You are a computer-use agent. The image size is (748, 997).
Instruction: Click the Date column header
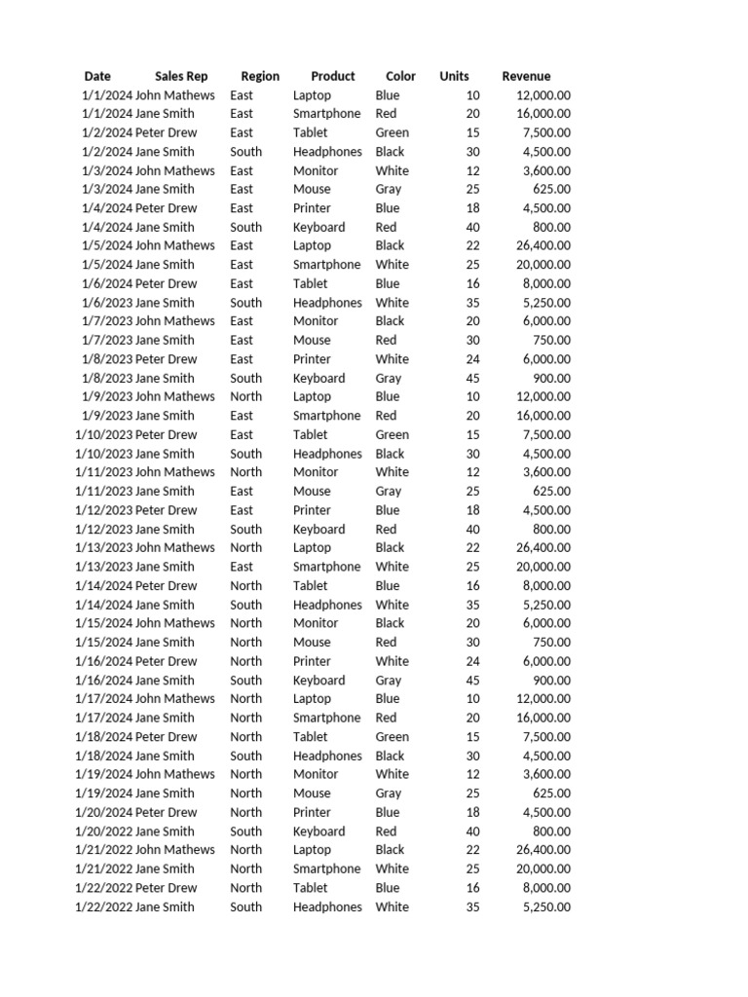[x=97, y=76]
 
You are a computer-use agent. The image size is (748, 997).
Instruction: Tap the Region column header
[x=260, y=76]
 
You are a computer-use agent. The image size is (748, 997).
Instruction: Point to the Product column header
[x=333, y=76]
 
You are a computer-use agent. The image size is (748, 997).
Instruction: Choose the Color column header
[x=400, y=76]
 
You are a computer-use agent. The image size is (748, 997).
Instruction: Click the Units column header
[x=454, y=76]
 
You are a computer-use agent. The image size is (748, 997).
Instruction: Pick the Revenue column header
[x=526, y=76]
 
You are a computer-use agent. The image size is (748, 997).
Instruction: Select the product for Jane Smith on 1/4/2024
[x=318, y=227]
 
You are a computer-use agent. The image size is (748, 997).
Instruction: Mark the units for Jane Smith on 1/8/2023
[x=471, y=378]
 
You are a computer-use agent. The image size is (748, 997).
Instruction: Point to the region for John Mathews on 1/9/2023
[x=246, y=396]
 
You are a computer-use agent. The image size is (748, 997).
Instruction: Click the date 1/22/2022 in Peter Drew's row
[x=103, y=888]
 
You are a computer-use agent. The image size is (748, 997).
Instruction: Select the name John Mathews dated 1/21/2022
[x=175, y=850]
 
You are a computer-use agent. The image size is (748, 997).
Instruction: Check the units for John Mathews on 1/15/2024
[x=471, y=623]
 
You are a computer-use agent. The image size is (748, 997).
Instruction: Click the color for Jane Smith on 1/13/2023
[x=392, y=567]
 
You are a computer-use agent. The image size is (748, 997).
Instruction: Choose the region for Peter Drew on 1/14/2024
[x=246, y=585]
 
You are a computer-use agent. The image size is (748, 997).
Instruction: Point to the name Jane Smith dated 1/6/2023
[x=165, y=303]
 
